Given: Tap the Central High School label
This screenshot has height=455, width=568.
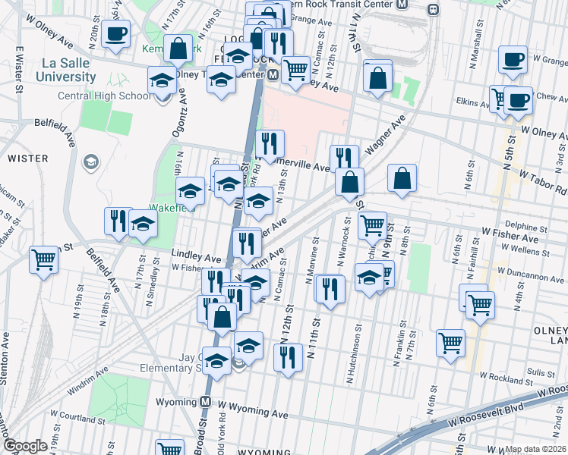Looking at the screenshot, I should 114,96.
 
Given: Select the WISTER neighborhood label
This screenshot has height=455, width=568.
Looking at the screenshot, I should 28,158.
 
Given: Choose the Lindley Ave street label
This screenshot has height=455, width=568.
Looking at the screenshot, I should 195,257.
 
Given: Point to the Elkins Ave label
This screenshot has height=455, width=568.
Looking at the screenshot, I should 472,98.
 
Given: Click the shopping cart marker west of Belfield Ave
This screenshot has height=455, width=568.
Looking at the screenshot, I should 44,259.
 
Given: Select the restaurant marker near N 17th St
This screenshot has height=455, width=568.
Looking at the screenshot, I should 118,220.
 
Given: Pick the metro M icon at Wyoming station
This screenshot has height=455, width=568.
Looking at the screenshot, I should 205,401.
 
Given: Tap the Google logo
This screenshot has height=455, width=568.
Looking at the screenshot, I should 25,446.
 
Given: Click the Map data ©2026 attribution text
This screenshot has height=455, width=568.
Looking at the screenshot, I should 535,449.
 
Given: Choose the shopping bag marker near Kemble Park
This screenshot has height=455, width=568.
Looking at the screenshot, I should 178,49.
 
